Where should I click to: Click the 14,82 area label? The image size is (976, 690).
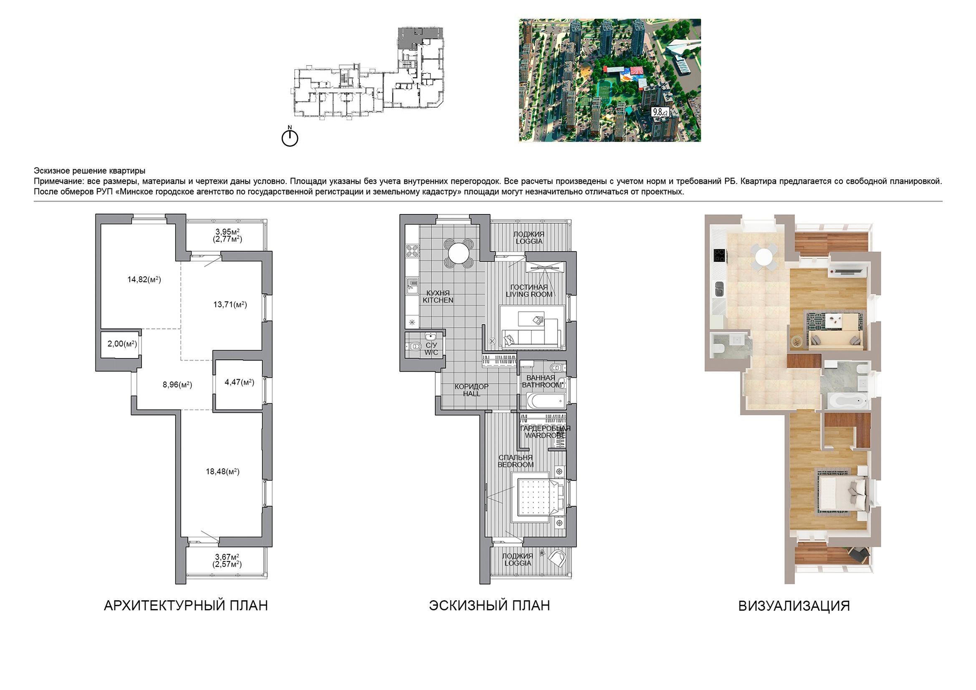[x=144, y=280]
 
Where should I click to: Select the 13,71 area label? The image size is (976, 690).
[x=230, y=304]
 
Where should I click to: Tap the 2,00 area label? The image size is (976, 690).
[x=122, y=344]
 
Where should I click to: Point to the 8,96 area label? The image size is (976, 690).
[x=177, y=385]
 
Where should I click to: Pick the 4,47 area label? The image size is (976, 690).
[x=239, y=382]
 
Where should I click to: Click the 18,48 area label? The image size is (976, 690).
[x=223, y=471]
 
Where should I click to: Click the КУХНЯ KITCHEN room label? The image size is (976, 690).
[x=438, y=297]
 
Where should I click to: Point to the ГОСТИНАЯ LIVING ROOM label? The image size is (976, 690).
[x=529, y=291]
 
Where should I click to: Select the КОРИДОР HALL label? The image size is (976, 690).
[x=471, y=390]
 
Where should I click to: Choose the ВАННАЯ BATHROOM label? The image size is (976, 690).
[x=541, y=382]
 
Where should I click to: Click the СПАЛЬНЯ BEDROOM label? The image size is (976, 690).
[x=516, y=461]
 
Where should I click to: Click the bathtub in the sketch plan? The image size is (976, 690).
[x=545, y=399]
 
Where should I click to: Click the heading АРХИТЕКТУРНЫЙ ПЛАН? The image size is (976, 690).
[x=186, y=605]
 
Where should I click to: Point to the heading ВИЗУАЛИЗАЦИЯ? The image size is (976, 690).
[x=794, y=606]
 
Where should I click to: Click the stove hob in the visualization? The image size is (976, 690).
[x=719, y=256]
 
